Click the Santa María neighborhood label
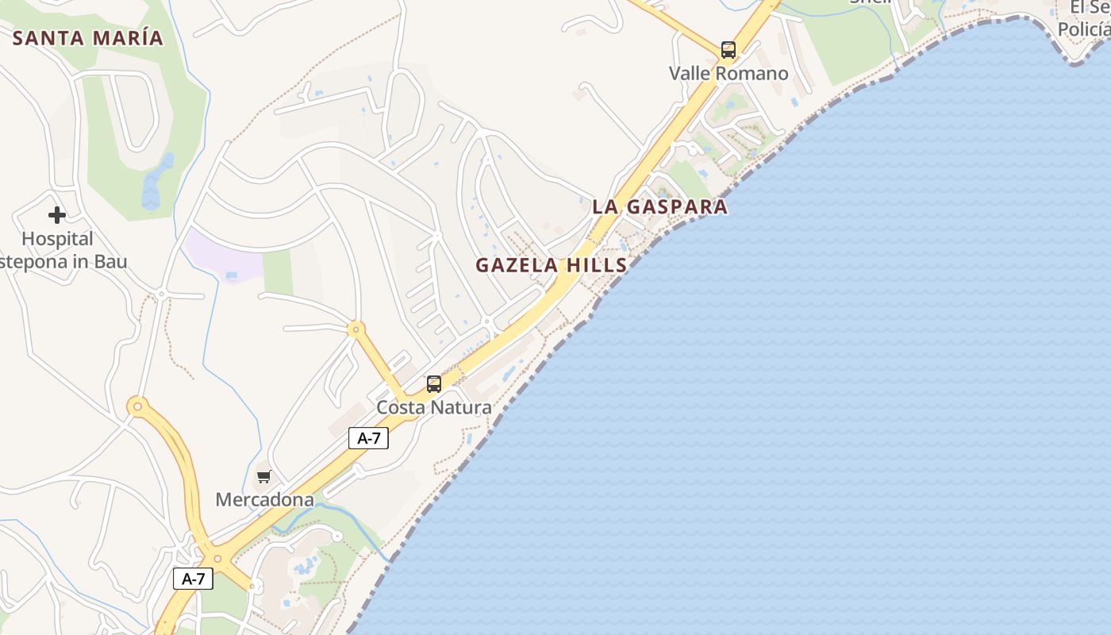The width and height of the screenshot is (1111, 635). point(88,37)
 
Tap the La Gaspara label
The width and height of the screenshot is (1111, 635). point(659,207)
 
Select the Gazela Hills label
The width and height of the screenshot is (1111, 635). point(552,265)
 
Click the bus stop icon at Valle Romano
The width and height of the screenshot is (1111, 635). point(728,50)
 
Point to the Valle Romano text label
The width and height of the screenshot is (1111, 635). point(728,74)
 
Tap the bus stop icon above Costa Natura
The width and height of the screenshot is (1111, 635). point(434,384)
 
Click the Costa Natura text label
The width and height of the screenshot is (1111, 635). point(433,407)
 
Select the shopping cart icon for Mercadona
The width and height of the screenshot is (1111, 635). point(263,477)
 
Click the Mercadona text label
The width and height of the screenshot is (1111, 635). point(265,500)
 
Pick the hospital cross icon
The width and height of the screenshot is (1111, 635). point(56,215)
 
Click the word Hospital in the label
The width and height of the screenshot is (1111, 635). point(57,239)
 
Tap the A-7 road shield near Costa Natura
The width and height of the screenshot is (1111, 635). point(368,438)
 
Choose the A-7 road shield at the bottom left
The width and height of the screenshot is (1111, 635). point(193,579)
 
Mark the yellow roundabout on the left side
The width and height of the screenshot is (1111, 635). point(138,407)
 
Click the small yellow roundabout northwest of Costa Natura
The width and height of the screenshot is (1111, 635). point(356,329)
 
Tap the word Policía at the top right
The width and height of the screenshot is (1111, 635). point(1084,29)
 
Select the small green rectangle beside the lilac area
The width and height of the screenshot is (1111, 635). point(278,272)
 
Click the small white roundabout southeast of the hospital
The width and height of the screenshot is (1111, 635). point(161,294)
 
